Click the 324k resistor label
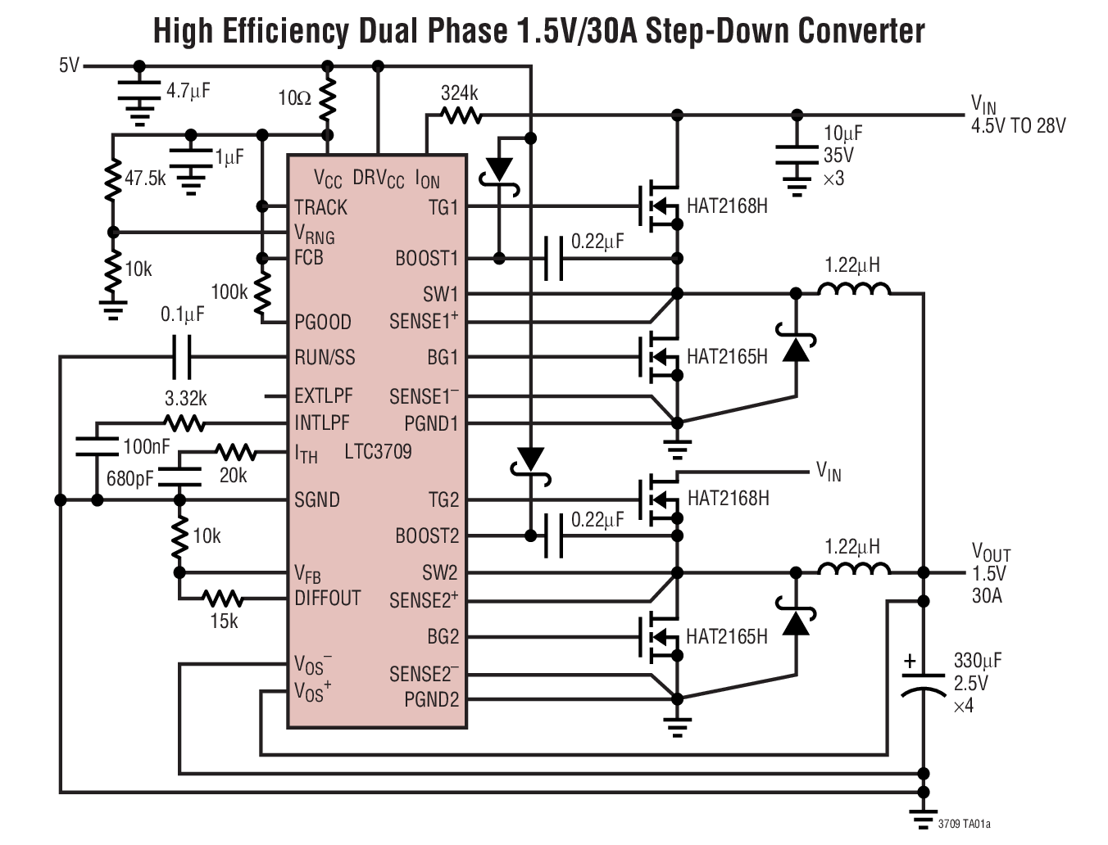(459, 93)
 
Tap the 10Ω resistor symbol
(327, 99)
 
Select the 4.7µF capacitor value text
(188, 91)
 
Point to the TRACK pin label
(320, 207)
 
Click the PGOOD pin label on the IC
(322, 322)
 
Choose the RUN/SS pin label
(325, 358)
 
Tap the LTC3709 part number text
(378, 451)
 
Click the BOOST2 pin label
(426, 536)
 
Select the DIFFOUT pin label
(327, 599)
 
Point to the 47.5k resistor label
(145, 178)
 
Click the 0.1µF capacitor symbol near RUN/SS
(182, 357)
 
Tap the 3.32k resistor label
(185, 399)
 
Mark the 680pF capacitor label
(129, 478)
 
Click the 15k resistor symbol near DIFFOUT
(222, 599)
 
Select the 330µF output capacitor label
(977, 661)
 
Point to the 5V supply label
(69, 66)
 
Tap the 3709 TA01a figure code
(964, 824)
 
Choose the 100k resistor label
(229, 292)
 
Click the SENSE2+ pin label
(424, 600)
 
